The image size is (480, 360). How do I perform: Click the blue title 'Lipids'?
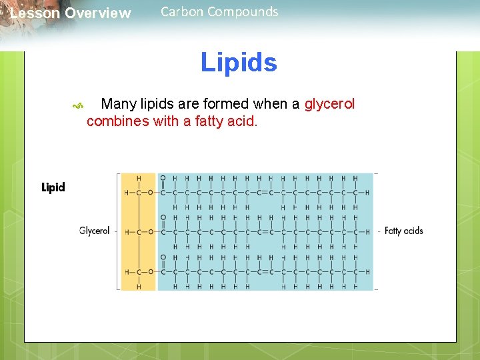pos(239,63)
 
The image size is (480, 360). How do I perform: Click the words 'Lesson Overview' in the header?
pos(71,13)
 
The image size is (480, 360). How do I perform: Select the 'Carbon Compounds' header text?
pos(219,11)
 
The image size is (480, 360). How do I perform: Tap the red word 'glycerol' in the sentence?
pos(329,104)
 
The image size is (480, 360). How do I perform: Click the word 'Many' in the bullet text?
pos(119,104)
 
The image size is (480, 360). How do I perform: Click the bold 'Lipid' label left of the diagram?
pos(53,187)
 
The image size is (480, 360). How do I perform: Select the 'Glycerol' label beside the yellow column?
pos(94,231)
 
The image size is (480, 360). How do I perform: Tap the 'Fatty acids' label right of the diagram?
pos(404,231)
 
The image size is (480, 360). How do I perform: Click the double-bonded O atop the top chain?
pos(163,178)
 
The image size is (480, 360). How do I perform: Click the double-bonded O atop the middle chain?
pos(163,217)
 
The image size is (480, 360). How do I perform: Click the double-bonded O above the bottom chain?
pos(163,257)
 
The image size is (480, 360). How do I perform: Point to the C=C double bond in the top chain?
pos(265,193)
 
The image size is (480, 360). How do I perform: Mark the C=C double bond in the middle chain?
pos(265,232)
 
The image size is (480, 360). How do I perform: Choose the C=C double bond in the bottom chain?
pos(265,272)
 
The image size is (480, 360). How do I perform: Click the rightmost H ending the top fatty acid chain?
pos(367,193)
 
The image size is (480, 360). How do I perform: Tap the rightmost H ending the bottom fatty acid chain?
pos(367,272)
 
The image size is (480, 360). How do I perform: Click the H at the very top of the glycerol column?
pos(139,178)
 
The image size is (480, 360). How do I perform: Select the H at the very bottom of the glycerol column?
pos(139,287)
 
